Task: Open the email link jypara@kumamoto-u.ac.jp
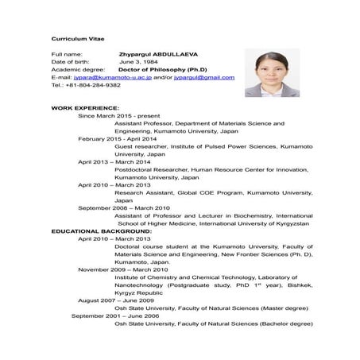click(x=112, y=77)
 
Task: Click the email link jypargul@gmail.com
click(x=203, y=77)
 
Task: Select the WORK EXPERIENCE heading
click(x=85, y=107)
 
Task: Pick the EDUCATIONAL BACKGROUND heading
click(x=100, y=230)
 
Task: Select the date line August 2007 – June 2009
click(x=116, y=300)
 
